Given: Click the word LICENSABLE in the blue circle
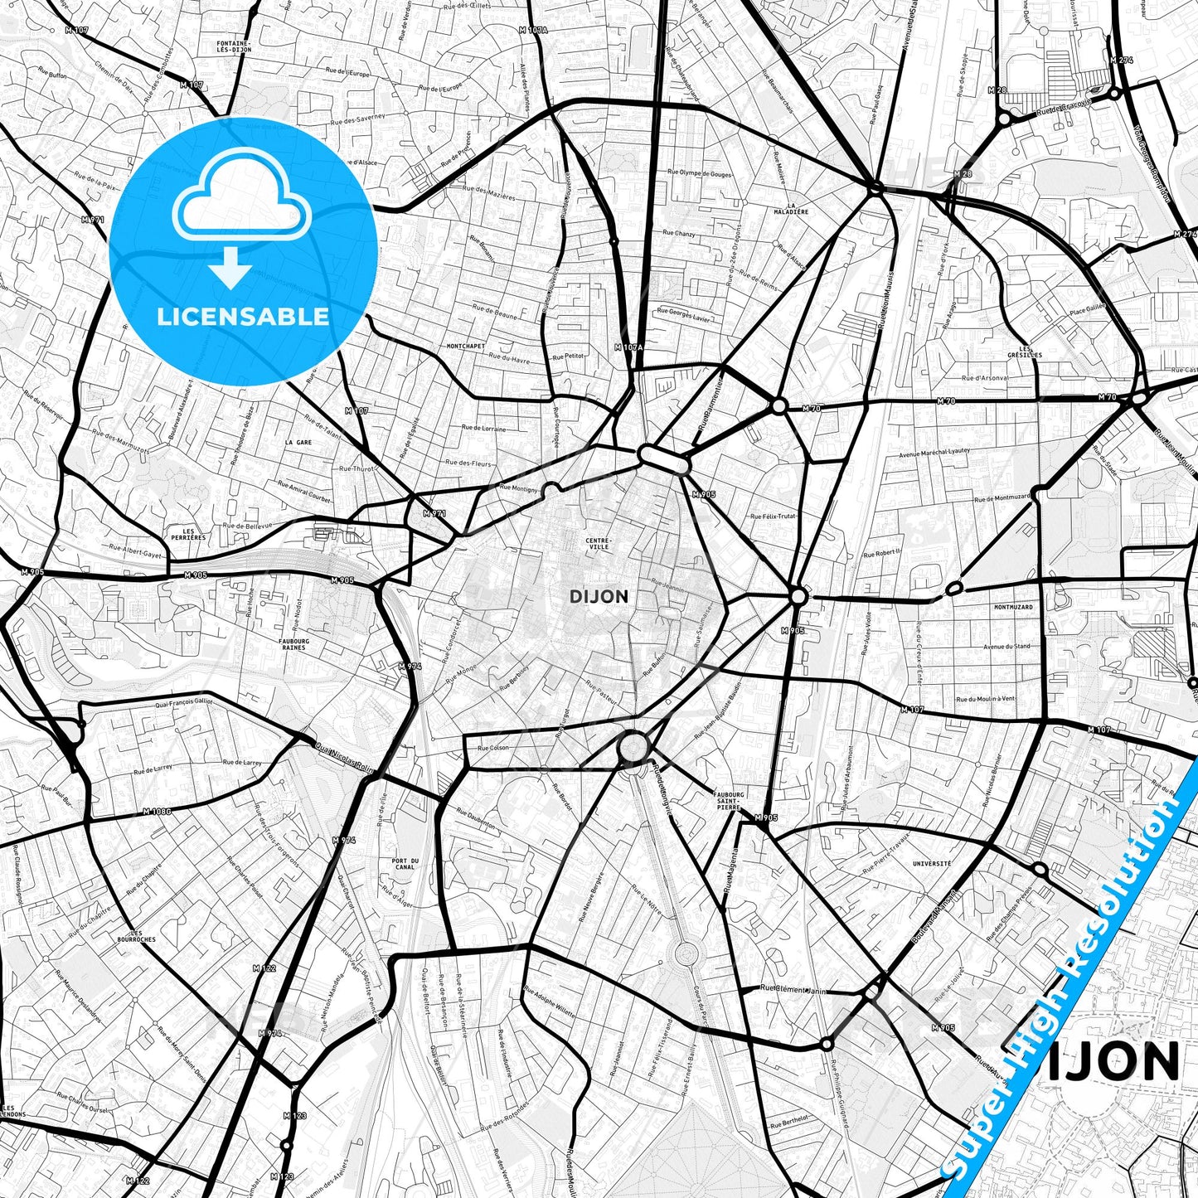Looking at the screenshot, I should point(243,316).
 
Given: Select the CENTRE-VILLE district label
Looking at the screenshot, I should point(597,544).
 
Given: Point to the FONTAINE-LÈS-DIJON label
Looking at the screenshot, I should point(233,46).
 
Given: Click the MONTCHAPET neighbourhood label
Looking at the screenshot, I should point(465,346).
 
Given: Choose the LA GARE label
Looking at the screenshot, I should point(298,443).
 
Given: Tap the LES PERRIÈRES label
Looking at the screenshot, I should point(187,534).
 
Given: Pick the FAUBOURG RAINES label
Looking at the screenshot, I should point(293,643).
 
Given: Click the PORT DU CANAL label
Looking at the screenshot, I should point(405,864).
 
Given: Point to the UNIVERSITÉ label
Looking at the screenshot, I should point(931,863).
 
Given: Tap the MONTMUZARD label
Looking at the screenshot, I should point(1014,607).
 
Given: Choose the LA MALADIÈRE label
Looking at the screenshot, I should point(797,208).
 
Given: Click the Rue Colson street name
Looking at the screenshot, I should point(493,748).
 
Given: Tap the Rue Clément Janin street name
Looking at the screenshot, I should point(793,989).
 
